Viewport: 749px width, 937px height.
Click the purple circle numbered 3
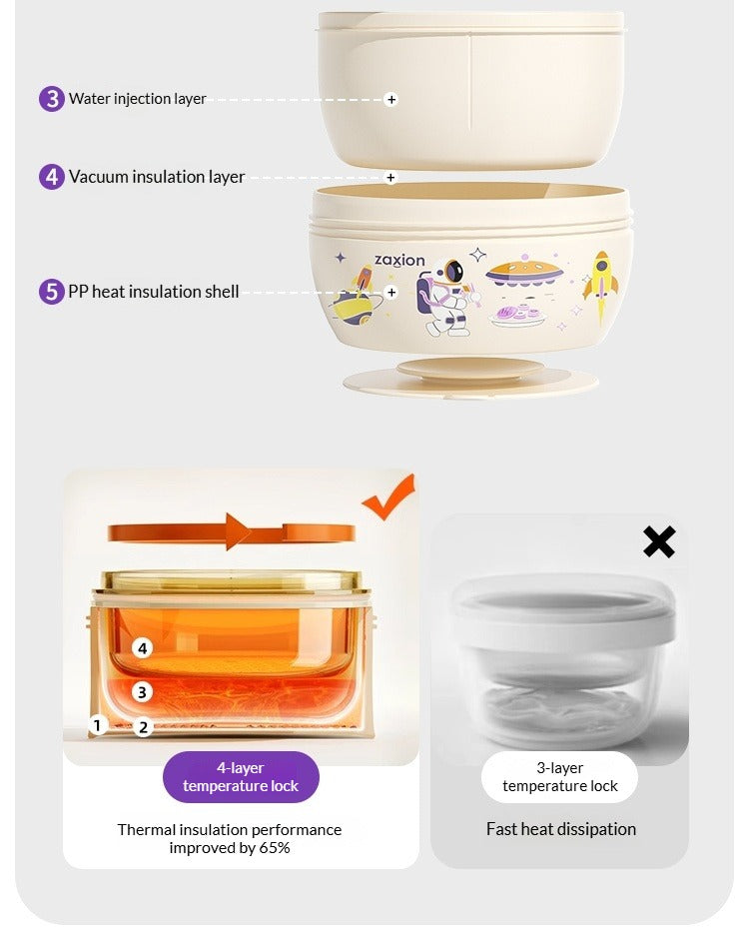point(52,99)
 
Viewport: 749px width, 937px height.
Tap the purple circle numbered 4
point(52,177)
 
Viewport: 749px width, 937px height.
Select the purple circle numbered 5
point(52,292)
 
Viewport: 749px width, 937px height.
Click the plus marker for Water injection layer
point(391,99)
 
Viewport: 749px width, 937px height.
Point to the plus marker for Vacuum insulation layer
point(390,178)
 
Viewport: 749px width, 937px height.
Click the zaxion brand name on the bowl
point(399,260)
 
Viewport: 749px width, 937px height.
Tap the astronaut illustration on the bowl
point(445,297)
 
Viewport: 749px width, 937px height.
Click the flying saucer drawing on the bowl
point(524,273)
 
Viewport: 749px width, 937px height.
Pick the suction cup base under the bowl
point(470,377)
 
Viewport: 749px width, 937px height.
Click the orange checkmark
point(389,497)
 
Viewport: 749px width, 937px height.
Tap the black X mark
point(659,541)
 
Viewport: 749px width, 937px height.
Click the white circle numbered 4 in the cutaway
point(142,648)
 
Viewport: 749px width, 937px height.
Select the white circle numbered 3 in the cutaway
point(142,692)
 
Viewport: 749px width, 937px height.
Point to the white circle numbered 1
point(98,725)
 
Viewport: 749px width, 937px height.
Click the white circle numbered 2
point(144,727)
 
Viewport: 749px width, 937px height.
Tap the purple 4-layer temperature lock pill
point(241,777)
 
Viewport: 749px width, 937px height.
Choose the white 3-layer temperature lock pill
point(559,777)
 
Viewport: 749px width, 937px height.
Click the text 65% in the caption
point(275,848)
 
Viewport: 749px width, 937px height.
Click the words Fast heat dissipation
point(561,829)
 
